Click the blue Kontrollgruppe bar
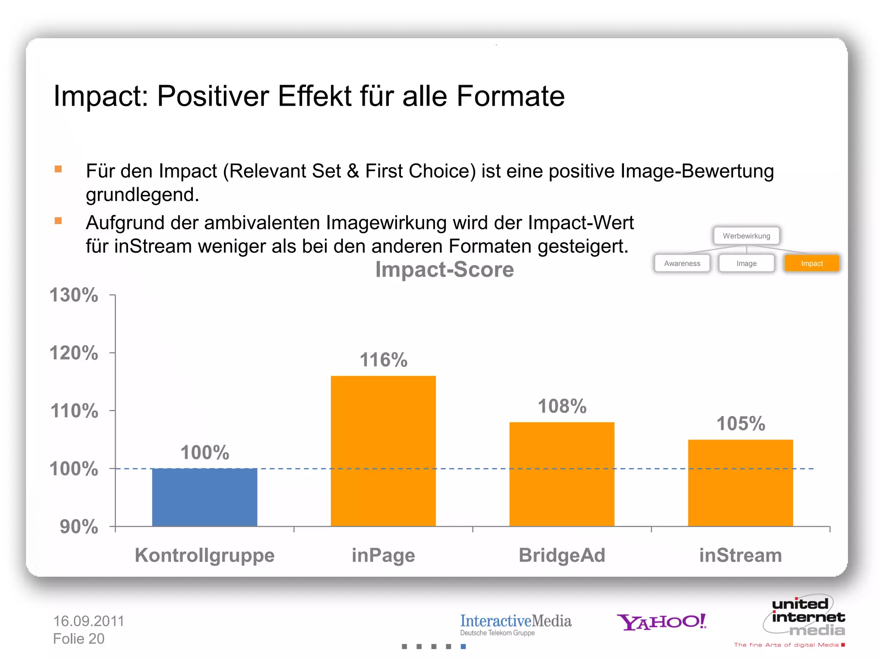205,497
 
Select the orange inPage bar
383,451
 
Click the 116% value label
383,360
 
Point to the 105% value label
740,424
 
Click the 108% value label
562,406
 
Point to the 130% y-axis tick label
74,295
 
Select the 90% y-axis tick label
79,527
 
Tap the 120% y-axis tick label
74,353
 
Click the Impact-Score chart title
444,270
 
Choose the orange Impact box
812,263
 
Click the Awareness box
682,263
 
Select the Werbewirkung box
746,236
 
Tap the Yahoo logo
662,622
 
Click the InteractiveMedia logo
516,624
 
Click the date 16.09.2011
89,621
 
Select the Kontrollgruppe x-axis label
205,555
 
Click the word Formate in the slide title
510,96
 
